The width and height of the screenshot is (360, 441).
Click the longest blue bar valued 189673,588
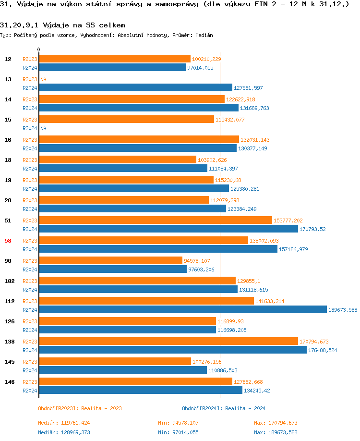point(182,309)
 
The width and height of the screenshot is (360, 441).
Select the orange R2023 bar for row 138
point(168,341)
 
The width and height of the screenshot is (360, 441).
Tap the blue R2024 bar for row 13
point(135,87)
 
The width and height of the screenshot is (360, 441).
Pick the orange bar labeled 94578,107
point(110,260)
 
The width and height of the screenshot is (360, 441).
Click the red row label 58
point(8,241)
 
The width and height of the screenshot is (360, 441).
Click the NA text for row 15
point(43,128)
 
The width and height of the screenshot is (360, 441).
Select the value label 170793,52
point(312,229)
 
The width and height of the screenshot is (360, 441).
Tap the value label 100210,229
point(206,59)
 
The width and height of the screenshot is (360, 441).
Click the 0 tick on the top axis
point(38,50)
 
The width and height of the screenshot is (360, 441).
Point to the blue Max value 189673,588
point(276,432)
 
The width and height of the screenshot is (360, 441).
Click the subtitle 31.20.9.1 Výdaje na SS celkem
point(62,24)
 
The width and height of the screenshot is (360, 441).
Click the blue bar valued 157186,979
point(158,249)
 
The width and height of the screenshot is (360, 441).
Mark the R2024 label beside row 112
point(30,310)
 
